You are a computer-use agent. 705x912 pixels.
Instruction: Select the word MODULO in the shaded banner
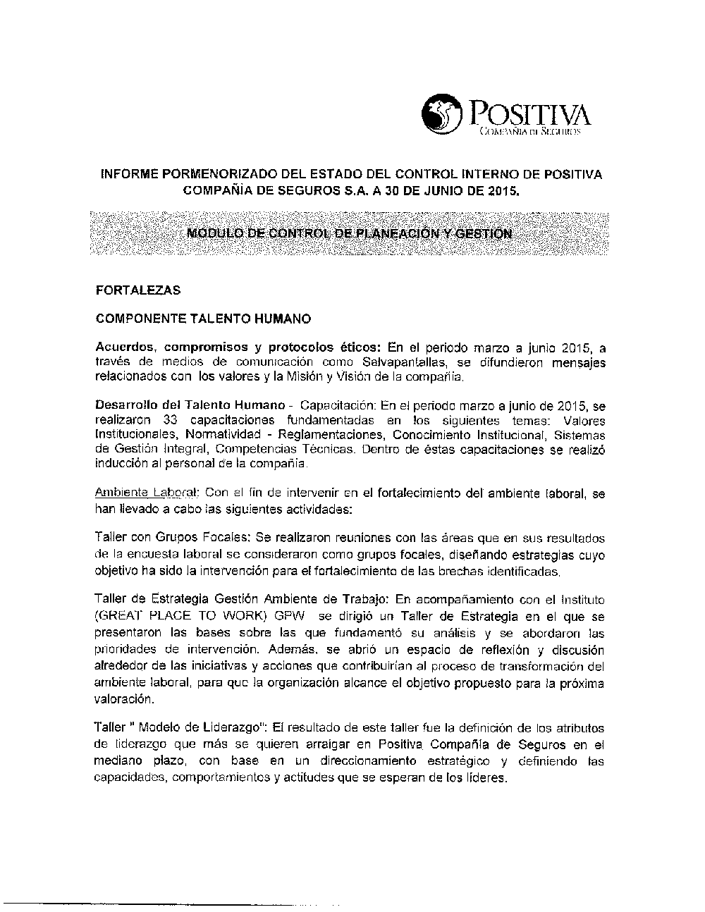click(x=207, y=233)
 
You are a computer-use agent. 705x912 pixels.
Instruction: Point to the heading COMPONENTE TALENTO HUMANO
click(x=203, y=319)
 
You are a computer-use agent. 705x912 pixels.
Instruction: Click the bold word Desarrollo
click(x=125, y=406)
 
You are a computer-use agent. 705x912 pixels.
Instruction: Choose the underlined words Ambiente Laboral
click(x=147, y=494)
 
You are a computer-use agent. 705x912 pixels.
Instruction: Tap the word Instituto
click(x=578, y=600)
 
